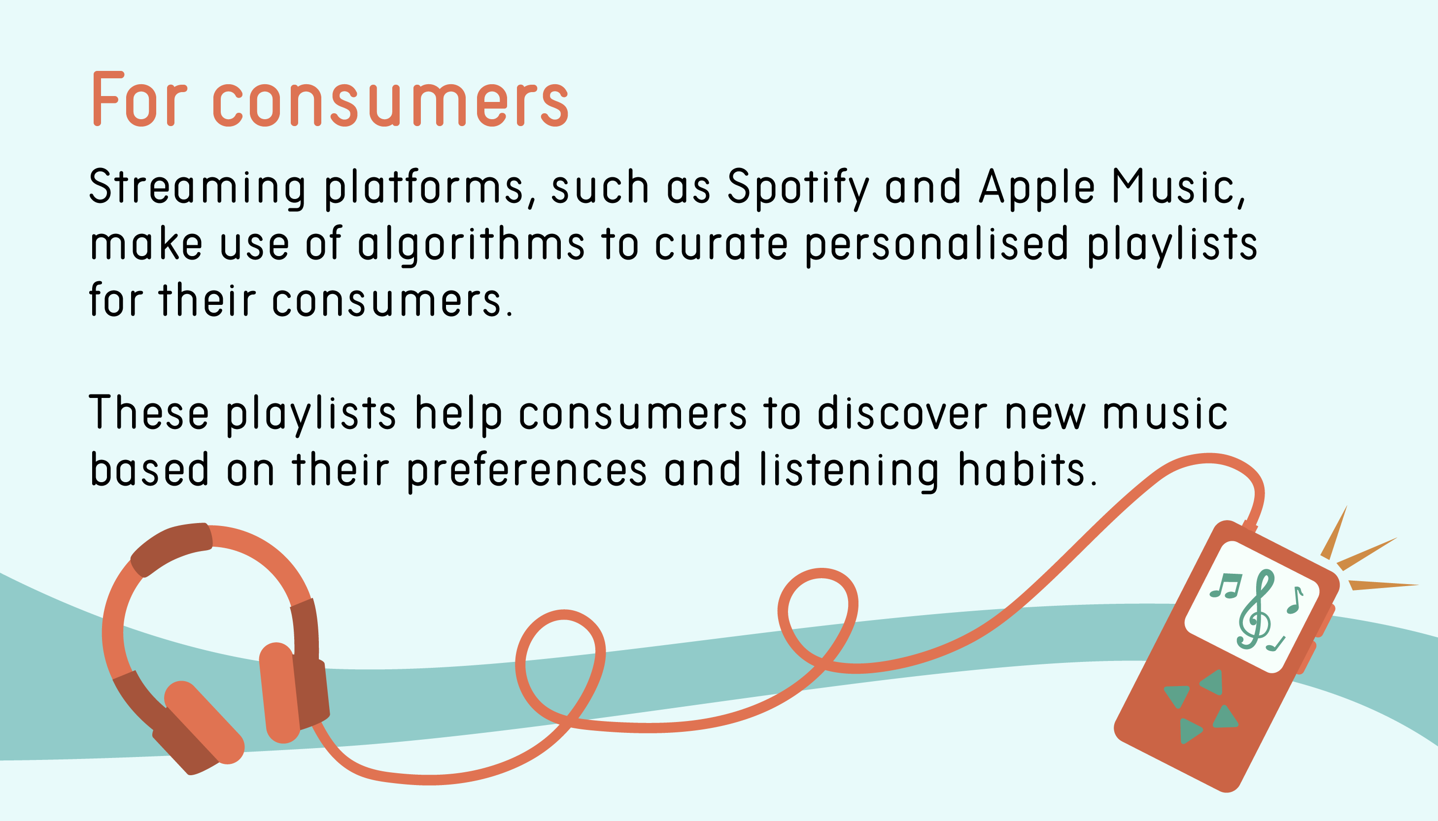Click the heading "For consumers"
pyautogui.click(x=331, y=100)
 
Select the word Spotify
pyautogui.click(x=798, y=188)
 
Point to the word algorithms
pyautogui.click(x=471, y=245)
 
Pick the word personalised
pyautogui.click(x=937, y=245)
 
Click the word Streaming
pyautogui.click(x=198, y=188)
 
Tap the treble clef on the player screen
pyautogui.click(x=1256, y=609)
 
